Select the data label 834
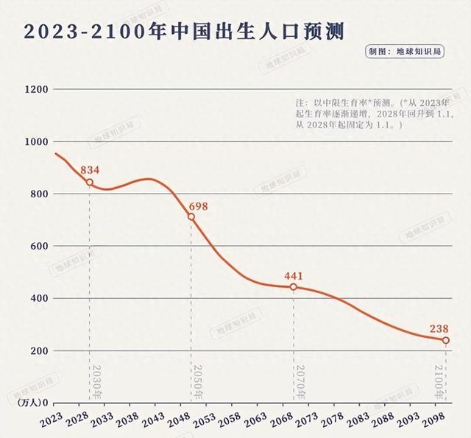pyautogui.click(x=90, y=170)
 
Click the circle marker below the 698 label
pyautogui.click(x=191, y=217)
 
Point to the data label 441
pyautogui.click(x=294, y=276)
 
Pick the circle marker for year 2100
pyautogui.click(x=446, y=340)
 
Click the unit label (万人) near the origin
pyautogui.click(x=27, y=403)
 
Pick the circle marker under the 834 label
pyautogui.click(x=90, y=183)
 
